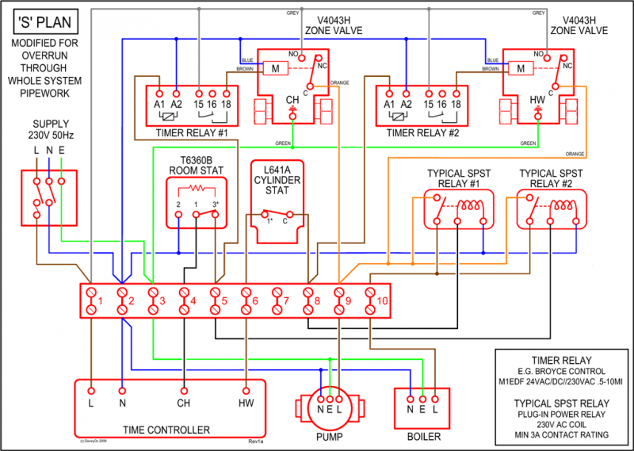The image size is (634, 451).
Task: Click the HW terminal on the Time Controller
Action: click(x=246, y=391)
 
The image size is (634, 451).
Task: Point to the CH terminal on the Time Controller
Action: click(x=184, y=391)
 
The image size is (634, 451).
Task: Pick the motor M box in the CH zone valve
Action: click(x=274, y=69)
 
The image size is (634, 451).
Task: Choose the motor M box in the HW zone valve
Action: click(x=521, y=69)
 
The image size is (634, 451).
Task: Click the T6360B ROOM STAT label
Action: click(x=196, y=164)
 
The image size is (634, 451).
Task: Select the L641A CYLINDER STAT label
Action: click(x=276, y=179)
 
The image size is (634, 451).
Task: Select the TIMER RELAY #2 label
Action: click(x=422, y=132)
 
